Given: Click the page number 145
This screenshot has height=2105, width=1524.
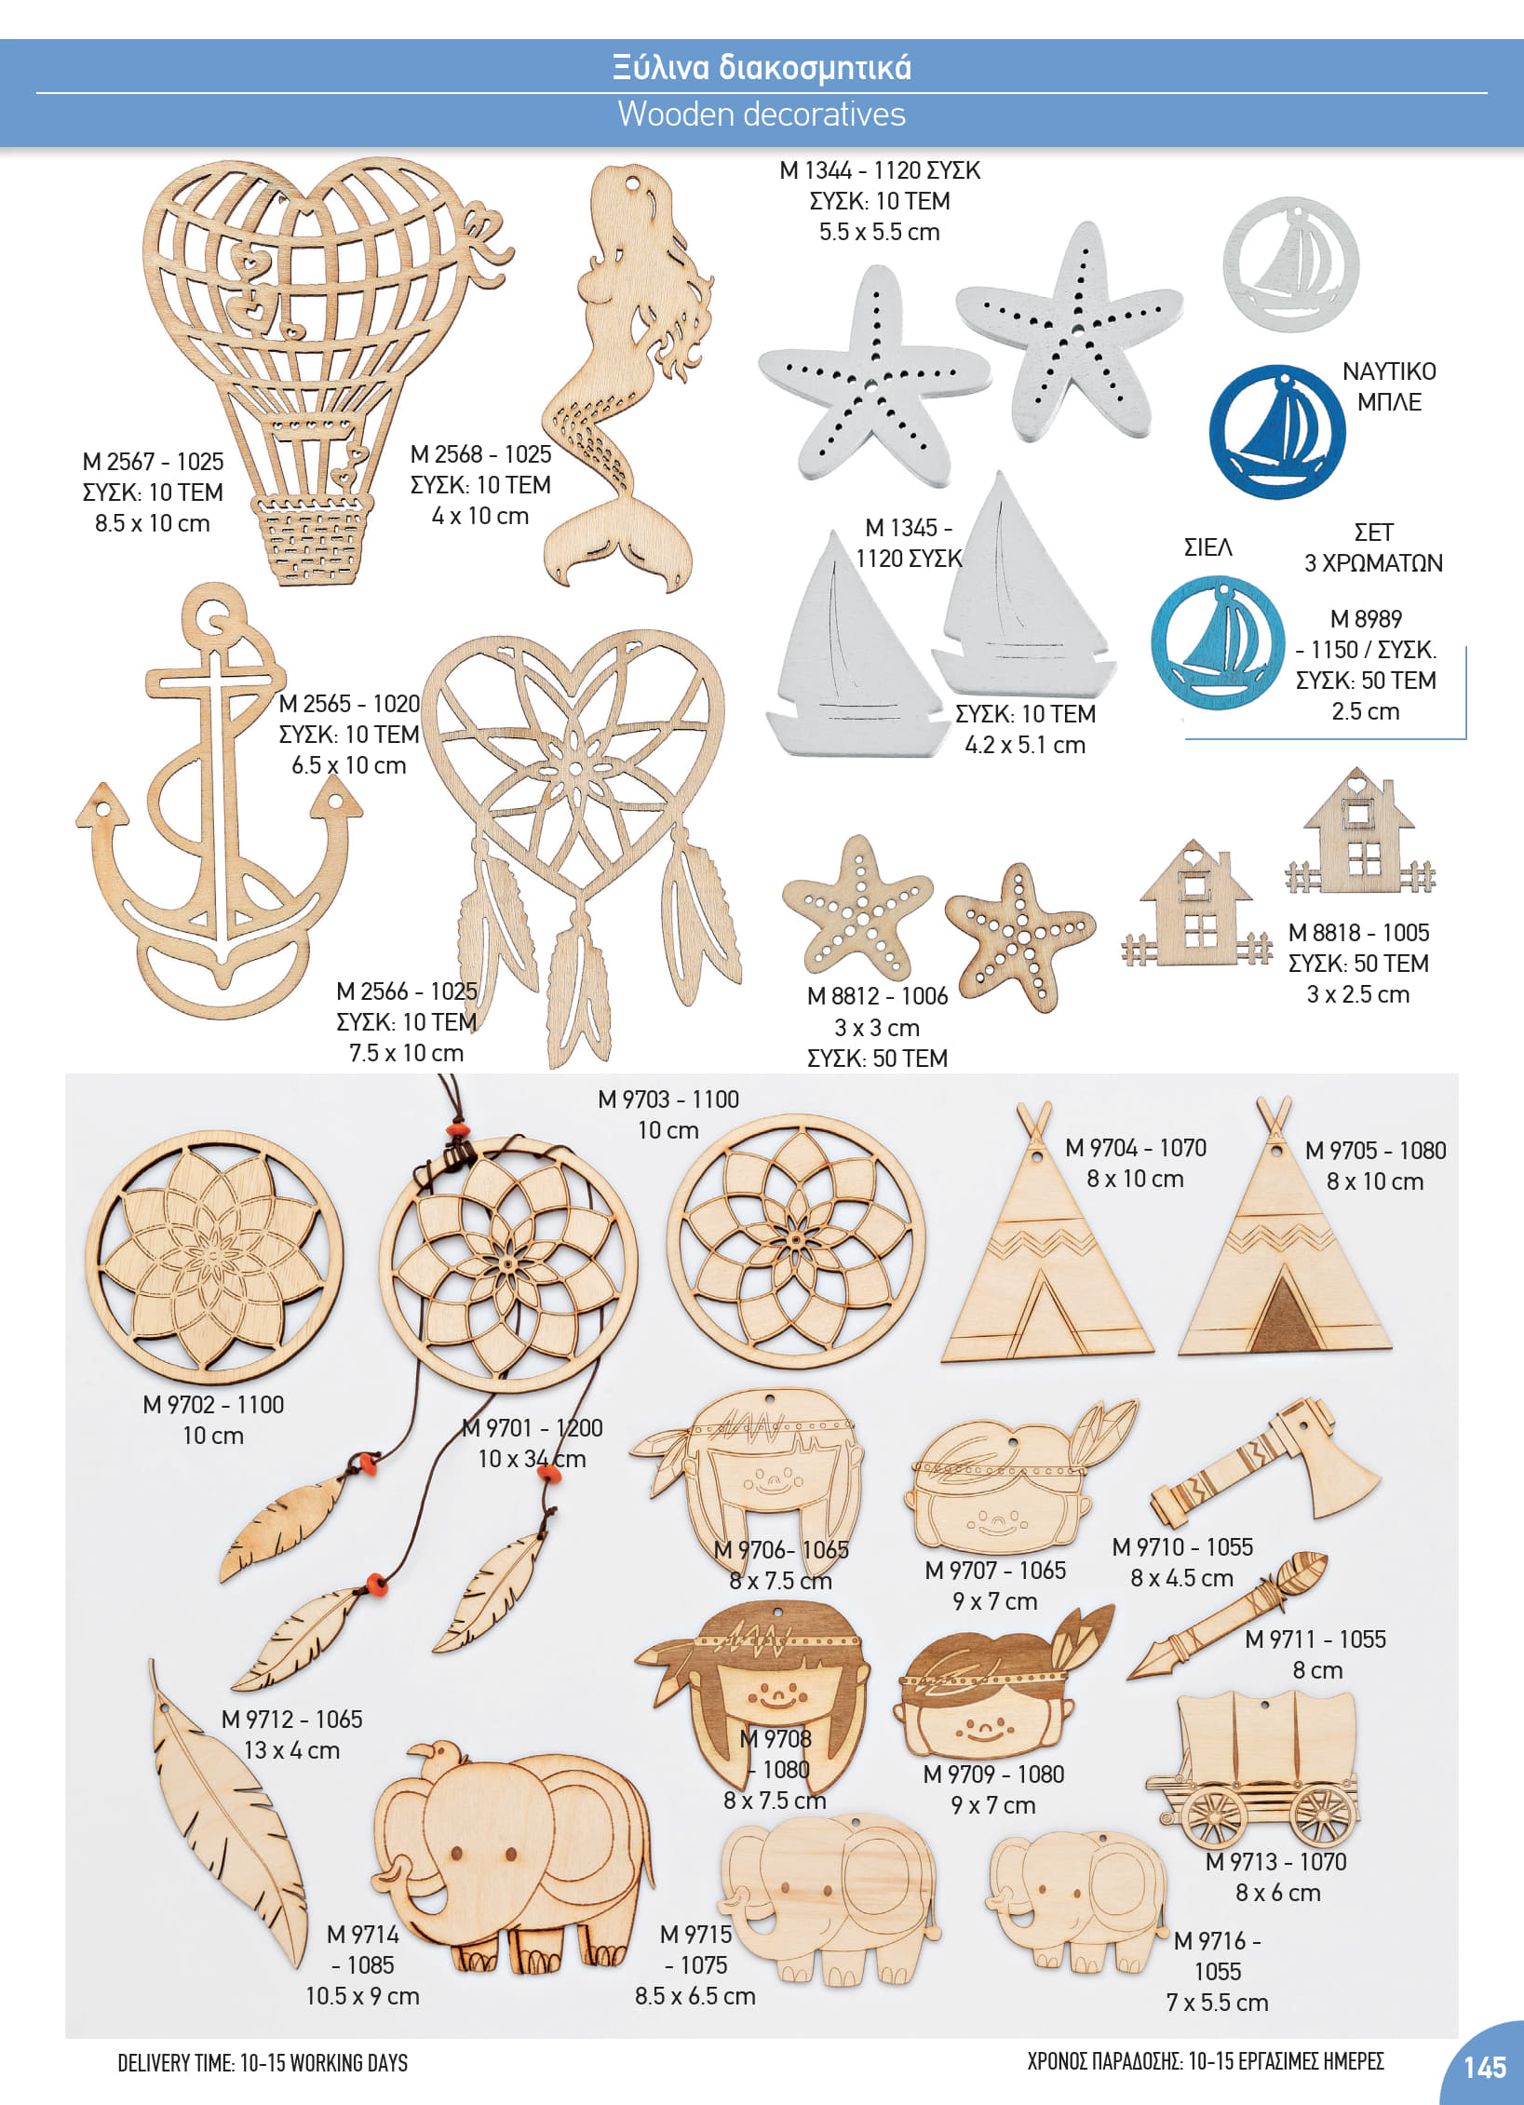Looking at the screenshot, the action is tap(1484, 2068).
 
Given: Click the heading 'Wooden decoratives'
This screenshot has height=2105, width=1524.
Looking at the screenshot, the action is tap(762, 115).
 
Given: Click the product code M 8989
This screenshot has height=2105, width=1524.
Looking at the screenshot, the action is tap(1366, 619).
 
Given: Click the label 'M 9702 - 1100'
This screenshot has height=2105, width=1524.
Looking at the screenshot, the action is tap(213, 1405).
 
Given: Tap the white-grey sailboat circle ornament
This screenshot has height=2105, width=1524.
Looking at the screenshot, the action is tap(1290, 264).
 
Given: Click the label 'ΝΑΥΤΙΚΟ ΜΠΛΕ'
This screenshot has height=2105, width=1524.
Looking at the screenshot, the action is tap(1389, 386).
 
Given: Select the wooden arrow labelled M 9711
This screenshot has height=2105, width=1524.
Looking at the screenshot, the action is tap(1227, 1616).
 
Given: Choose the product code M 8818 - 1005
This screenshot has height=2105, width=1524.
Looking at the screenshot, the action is tap(1358, 933).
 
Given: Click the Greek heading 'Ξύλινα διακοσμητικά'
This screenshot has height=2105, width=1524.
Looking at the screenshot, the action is tap(762, 67).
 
